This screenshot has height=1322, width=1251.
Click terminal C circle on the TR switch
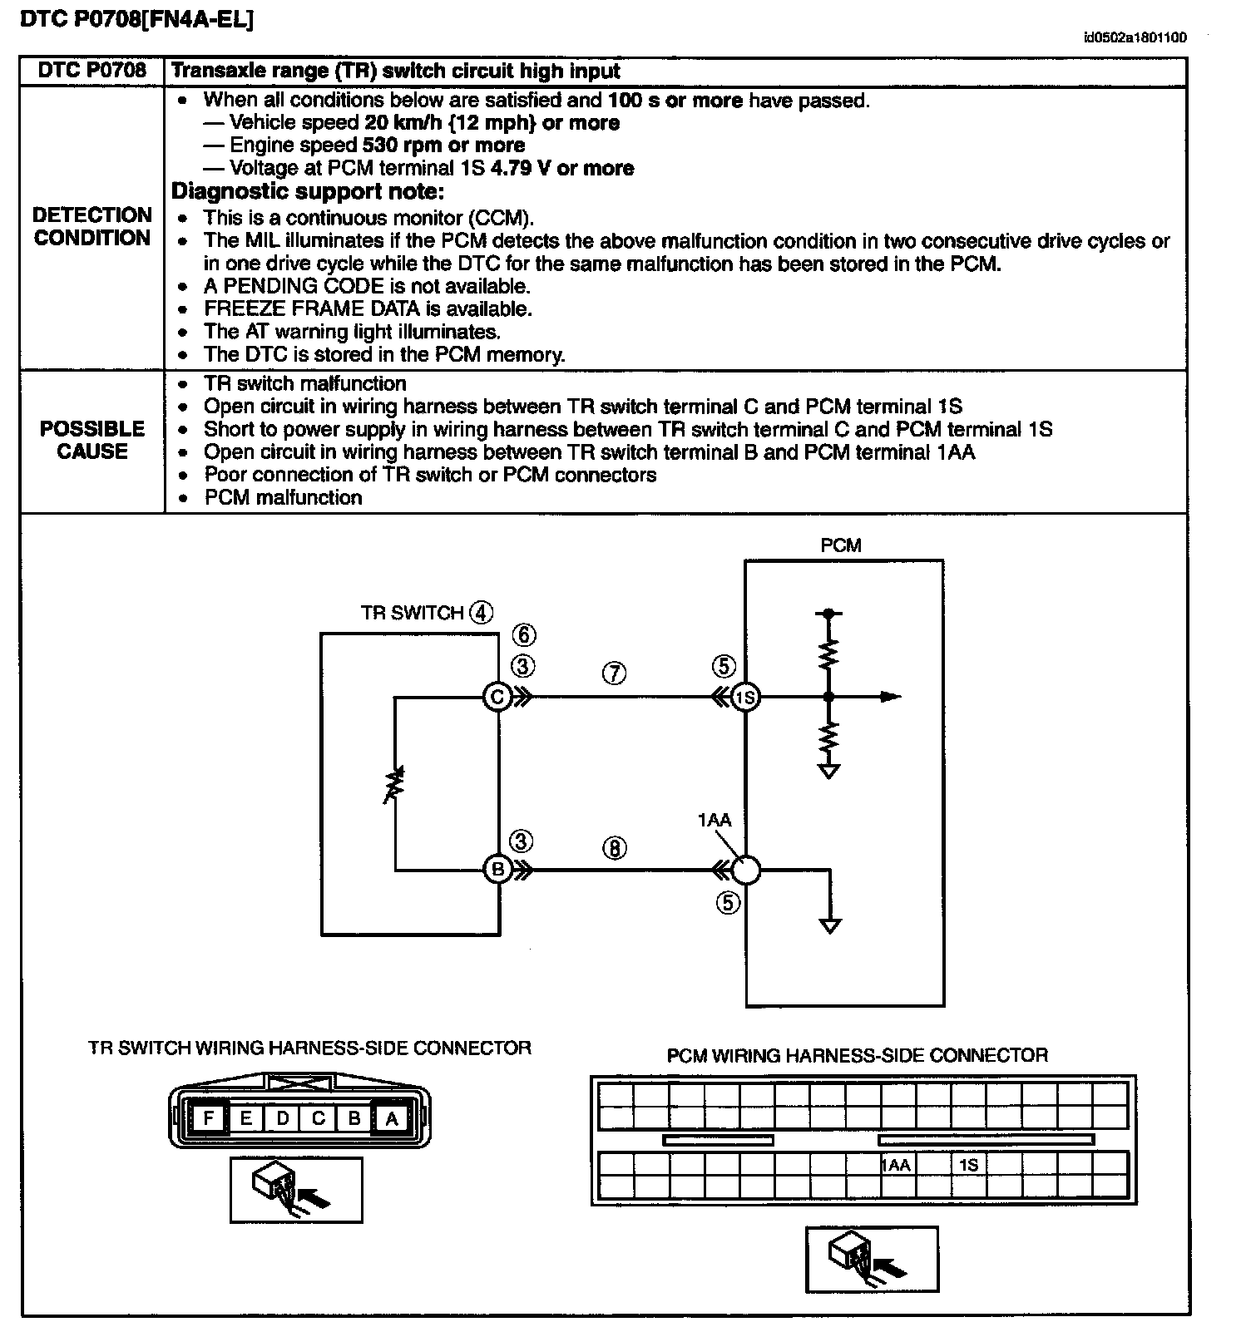pyautogui.click(x=497, y=697)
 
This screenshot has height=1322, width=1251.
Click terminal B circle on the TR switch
pyautogui.click(x=497, y=870)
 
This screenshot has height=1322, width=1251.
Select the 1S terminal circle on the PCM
pyautogui.click(x=745, y=697)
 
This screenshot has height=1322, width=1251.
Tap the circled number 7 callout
pyautogui.click(x=614, y=673)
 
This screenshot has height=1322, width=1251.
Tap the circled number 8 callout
pyautogui.click(x=614, y=848)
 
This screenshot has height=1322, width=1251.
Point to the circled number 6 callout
pyautogui.click(x=523, y=635)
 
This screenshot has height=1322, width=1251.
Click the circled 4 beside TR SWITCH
pyautogui.click(x=481, y=613)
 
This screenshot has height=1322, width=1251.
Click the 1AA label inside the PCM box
pyautogui.click(x=714, y=821)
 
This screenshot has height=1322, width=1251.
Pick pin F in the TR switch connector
pyautogui.click(x=209, y=1117)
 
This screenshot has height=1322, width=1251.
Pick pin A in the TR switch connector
pyautogui.click(x=391, y=1117)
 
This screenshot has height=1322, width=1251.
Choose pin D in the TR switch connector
pyautogui.click(x=282, y=1117)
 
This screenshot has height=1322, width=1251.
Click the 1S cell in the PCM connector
pyautogui.click(x=969, y=1165)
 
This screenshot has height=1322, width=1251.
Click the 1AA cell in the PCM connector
pyautogui.click(x=897, y=1165)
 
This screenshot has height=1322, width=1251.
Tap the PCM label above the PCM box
pyautogui.click(x=840, y=545)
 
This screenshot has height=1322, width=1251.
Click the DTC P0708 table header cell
pyautogui.click(x=92, y=71)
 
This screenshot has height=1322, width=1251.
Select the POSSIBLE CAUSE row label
pyautogui.click(x=92, y=440)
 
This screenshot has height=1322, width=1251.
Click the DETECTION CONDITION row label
pyautogui.click(x=92, y=226)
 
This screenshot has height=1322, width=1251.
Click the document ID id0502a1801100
pyautogui.click(x=1135, y=37)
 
